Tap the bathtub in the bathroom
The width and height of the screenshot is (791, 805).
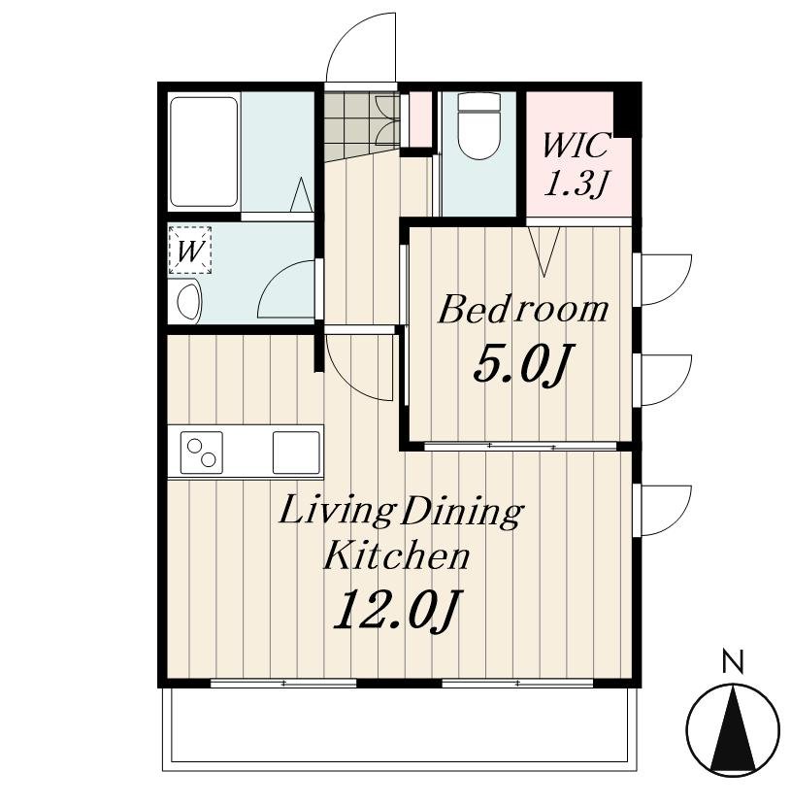coord(204,151)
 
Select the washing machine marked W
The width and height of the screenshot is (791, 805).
coord(190,251)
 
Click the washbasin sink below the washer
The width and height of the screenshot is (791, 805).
coord(189,301)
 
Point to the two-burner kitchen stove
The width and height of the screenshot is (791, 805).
coord(201,453)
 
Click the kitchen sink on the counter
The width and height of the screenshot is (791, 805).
coord(296,453)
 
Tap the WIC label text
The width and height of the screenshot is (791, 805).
coord(577,146)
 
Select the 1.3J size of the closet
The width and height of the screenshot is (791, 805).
coord(576,184)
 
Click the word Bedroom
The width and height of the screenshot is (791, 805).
coord(523,310)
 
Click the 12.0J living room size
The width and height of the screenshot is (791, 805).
coord(398,610)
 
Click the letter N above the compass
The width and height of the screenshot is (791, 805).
coord(733,660)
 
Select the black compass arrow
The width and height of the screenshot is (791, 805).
coord(733,729)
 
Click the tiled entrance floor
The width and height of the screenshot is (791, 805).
coord(361,126)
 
